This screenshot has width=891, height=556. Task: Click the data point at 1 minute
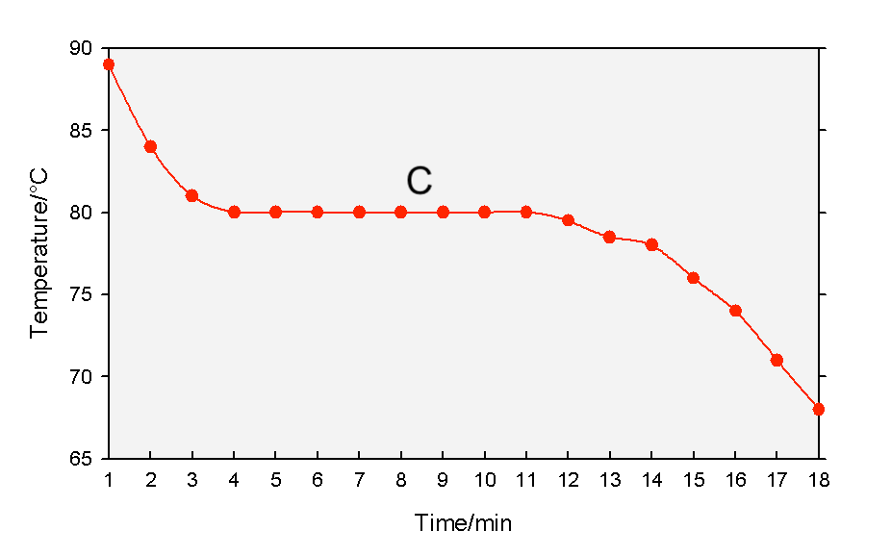tap(109, 64)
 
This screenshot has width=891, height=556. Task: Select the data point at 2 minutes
tap(150, 146)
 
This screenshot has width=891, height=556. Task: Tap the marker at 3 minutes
tap(192, 196)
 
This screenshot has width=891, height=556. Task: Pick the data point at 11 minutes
tap(526, 212)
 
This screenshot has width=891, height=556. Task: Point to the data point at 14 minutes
tap(651, 244)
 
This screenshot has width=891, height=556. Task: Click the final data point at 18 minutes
tap(818, 409)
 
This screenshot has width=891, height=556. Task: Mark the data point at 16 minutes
tap(735, 311)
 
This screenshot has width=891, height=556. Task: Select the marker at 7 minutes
tap(359, 213)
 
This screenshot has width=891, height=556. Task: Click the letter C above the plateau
tap(420, 181)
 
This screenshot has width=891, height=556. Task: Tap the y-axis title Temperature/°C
tap(38, 253)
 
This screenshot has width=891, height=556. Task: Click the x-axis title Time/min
tap(463, 522)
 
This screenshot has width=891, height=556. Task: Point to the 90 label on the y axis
tap(81, 48)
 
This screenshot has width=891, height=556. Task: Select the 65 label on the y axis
tap(81, 458)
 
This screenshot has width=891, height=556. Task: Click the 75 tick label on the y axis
tap(81, 294)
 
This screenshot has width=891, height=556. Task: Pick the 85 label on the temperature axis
tap(81, 130)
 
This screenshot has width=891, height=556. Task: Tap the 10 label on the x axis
tap(485, 480)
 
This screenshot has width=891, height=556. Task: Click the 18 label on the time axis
tap(818, 480)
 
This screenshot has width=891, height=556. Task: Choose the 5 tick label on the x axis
tap(275, 480)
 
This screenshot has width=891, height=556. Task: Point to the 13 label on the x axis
tap(610, 480)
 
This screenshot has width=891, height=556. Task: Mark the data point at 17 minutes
tap(776, 360)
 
